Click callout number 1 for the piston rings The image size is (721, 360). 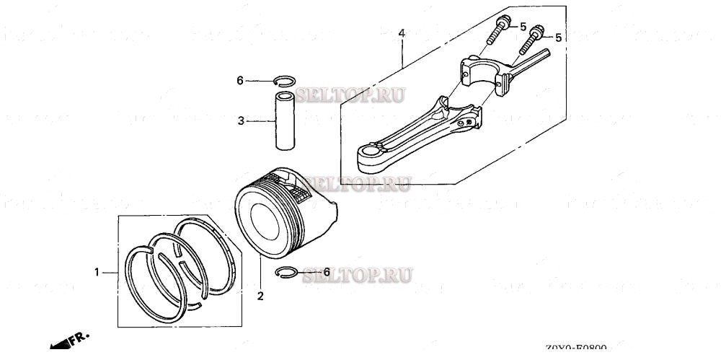click(x=96, y=272)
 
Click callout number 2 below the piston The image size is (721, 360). click(x=260, y=295)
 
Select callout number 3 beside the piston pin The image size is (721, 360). click(x=242, y=121)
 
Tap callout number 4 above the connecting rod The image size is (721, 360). click(x=402, y=32)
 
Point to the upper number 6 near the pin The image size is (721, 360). click(x=240, y=81)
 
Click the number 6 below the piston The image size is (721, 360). click(x=327, y=272)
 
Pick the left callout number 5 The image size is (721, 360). click(x=524, y=26)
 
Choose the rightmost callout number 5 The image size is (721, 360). click(x=558, y=36)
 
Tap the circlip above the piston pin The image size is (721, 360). click(x=285, y=81)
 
